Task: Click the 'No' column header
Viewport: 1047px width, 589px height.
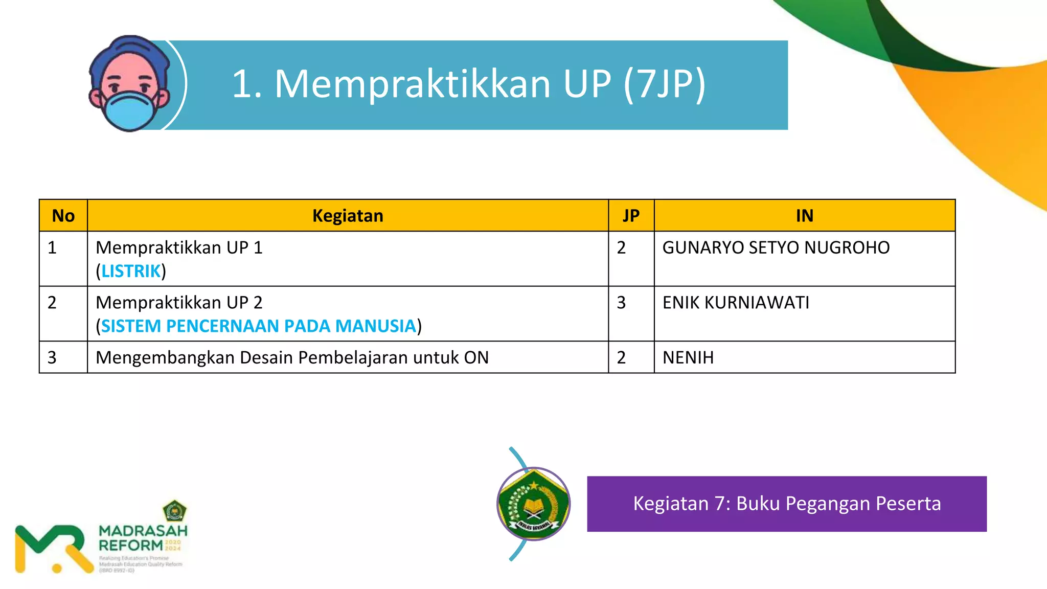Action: pos(63,216)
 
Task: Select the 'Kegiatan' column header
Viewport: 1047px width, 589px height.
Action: pos(348,216)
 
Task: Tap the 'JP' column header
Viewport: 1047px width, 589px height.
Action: pos(631,216)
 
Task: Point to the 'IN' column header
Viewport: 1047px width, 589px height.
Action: pos(804,216)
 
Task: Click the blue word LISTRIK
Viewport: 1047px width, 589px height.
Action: pos(131,271)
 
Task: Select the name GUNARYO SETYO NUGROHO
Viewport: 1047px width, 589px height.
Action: pos(776,247)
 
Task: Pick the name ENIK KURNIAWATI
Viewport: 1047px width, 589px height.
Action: pos(736,303)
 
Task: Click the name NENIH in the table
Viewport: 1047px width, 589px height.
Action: pos(688,357)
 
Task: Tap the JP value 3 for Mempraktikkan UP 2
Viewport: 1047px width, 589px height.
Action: pos(621,303)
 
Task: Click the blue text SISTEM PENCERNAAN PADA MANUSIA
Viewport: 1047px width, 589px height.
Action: pos(259,326)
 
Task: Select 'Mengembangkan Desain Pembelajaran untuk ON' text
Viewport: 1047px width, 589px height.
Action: pos(292,357)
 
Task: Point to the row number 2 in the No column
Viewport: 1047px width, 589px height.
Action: pos(52,303)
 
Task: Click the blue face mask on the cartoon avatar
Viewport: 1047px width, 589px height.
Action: pos(130,109)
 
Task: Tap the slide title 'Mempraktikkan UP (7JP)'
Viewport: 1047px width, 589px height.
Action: pos(468,84)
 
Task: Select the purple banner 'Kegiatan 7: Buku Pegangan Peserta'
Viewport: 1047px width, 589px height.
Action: pos(786,504)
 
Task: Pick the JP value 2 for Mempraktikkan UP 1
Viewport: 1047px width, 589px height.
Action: pos(621,247)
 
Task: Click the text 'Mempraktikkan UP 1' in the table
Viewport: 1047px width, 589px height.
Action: pos(179,247)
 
